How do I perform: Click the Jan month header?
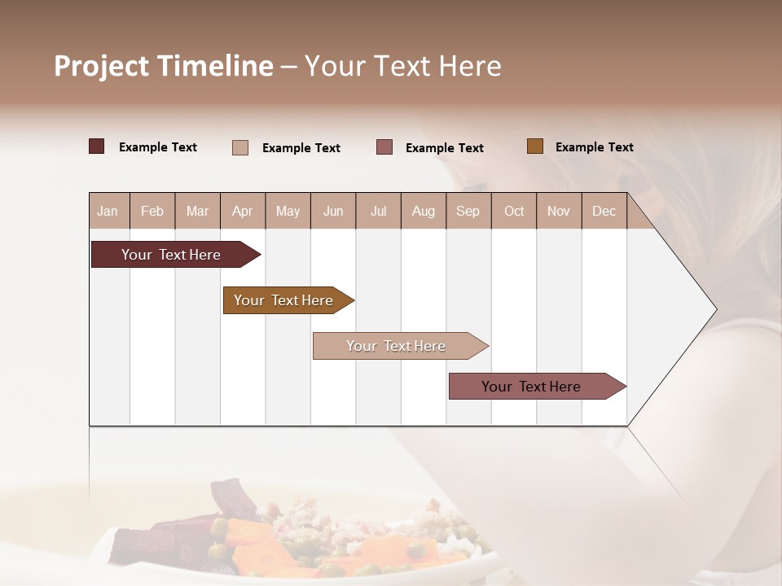click(108, 212)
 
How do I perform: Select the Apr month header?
click(242, 212)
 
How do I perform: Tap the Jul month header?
click(378, 212)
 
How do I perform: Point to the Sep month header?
click(468, 212)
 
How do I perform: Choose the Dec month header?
click(604, 212)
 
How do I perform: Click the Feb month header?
click(152, 212)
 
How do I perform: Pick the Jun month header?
click(333, 212)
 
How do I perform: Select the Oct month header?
click(514, 212)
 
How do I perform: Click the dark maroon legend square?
click(96, 146)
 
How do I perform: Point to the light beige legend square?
click(239, 147)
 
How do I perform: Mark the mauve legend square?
click(384, 147)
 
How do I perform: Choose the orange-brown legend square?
click(534, 146)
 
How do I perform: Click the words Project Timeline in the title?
click(164, 66)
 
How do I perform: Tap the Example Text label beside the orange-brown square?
click(594, 147)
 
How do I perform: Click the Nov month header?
click(559, 212)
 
